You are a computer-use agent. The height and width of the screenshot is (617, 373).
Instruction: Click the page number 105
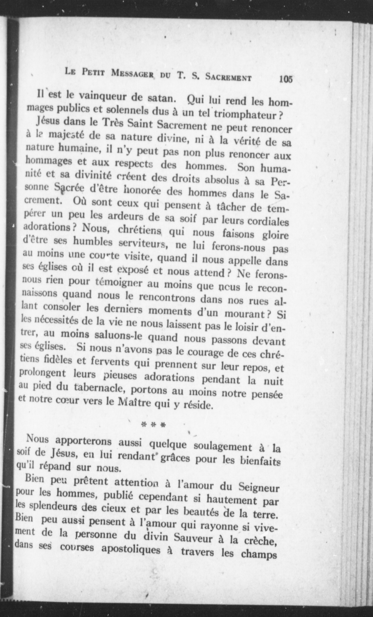286,79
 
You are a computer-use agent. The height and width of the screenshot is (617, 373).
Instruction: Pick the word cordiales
268,221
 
